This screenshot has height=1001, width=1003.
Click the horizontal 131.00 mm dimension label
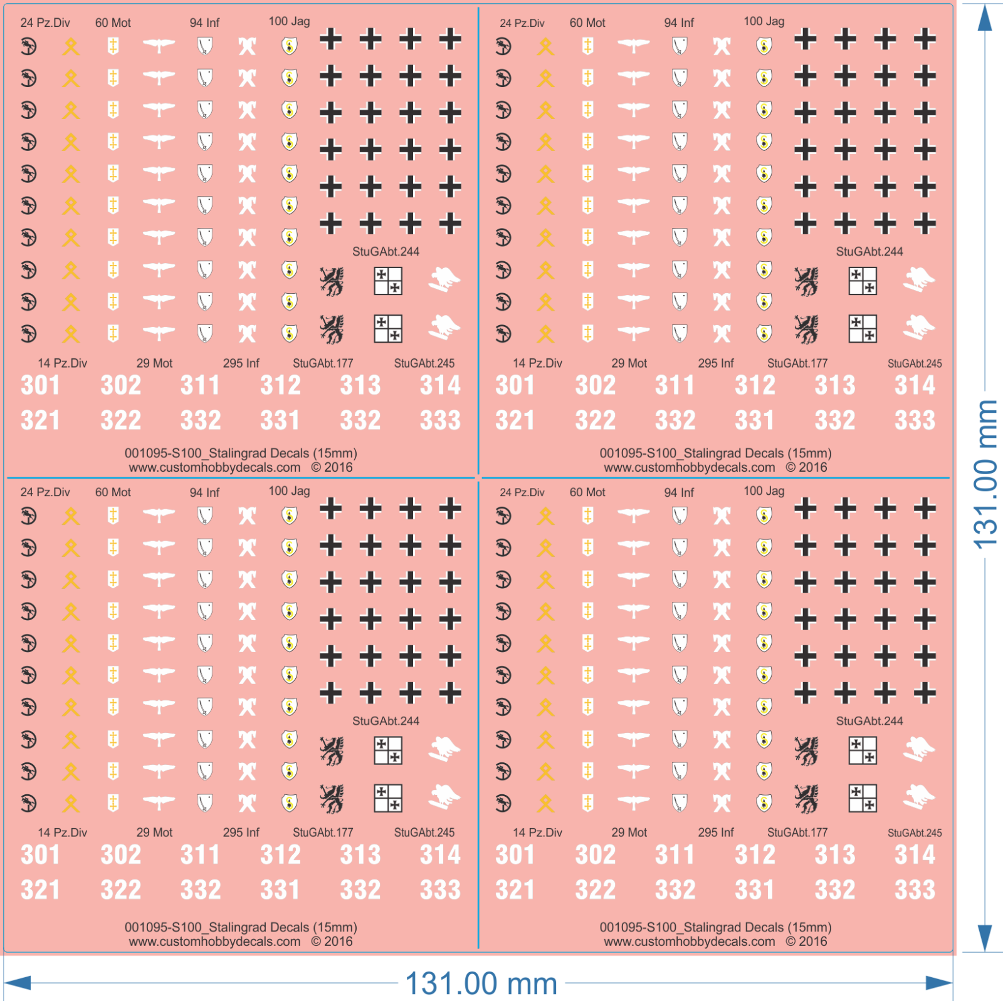coord(481,983)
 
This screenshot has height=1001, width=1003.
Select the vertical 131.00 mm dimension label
coord(985,475)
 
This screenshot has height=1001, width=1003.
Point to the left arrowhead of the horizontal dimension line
coord(18,983)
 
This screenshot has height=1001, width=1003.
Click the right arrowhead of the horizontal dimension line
coord(938,983)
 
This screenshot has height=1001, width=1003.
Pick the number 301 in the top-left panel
coord(40,385)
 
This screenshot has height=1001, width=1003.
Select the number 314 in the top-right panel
coord(915,385)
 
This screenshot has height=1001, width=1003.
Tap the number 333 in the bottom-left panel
coord(440,889)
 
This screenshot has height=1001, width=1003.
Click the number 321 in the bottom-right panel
coord(515,889)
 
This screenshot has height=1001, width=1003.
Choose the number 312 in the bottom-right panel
coord(755,855)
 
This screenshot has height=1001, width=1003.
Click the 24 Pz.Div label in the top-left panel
coord(45,23)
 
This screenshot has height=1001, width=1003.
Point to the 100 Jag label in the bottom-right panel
coord(764,491)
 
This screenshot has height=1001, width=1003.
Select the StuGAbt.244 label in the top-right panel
coord(869,251)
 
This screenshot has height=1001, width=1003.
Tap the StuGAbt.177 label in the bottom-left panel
coord(323,832)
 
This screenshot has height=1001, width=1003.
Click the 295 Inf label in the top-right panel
coord(716,363)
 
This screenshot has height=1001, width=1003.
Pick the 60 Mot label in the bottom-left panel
coord(113,492)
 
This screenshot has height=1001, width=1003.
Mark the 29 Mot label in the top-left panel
coord(154,363)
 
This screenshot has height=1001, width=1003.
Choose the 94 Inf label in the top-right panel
coord(679,23)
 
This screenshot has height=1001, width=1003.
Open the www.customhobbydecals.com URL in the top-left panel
coord(214,467)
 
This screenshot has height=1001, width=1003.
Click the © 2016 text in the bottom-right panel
coord(806,941)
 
